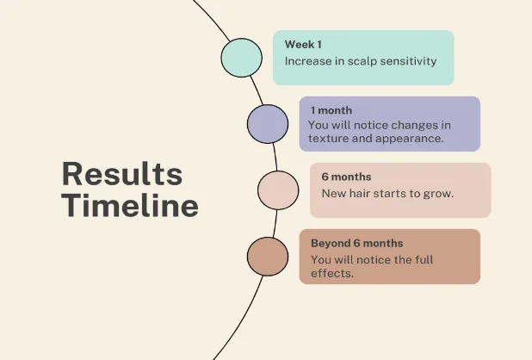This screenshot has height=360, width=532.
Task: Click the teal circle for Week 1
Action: click(242, 58)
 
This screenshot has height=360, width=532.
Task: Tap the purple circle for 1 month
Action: click(268, 124)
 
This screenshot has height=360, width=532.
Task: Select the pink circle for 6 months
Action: click(278, 190)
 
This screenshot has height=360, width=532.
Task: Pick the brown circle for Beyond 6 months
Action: click(268, 257)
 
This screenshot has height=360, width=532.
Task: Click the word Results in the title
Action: click(122, 174)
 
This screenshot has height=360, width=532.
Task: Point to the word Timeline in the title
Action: click(130, 205)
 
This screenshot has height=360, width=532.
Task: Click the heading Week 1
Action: click(303, 45)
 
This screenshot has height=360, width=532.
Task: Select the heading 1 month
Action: click(331, 110)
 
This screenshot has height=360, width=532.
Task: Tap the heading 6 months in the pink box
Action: click(346, 177)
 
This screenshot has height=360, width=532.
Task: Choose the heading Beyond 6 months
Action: click(357, 243)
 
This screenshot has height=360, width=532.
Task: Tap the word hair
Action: click(359, 194)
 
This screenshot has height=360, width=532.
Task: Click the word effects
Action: click(332, 274)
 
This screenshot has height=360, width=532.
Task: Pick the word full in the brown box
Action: click(424, 259)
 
